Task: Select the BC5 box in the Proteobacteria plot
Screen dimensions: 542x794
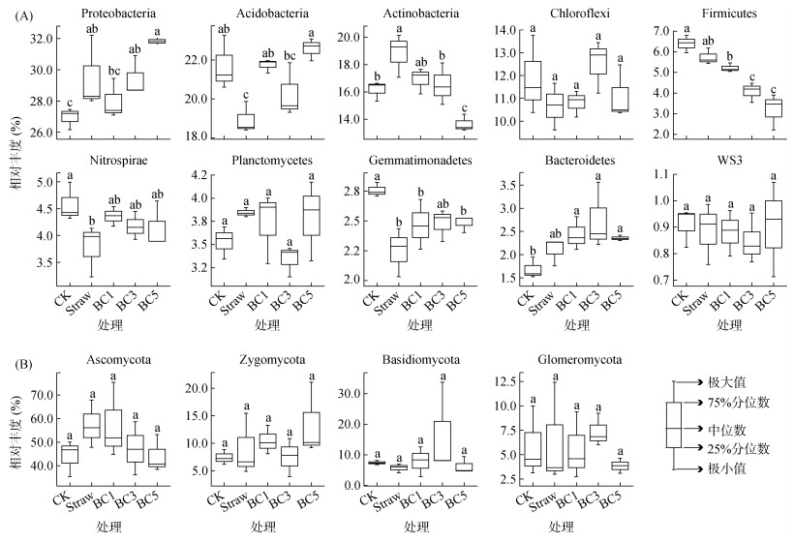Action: pyautogui.click(x=156, y=41)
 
